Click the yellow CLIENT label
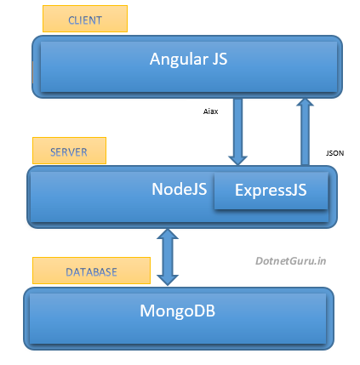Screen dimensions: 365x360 (x=84, y=19)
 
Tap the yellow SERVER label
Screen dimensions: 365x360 (x=69, y=151)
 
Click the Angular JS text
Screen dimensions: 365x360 (x=188, y=59)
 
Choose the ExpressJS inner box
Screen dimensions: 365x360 (x=271, y=191)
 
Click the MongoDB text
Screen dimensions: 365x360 (x=178, y=311)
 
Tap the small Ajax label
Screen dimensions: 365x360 (x=212, y=111)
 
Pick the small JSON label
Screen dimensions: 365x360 (x=334, y=152)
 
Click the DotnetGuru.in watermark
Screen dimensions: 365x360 (x=292, y=263)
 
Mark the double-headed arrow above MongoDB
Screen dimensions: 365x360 (x=169, y=257)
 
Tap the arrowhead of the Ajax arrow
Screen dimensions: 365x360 (x=238, y=157)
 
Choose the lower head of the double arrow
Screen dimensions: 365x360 (x=169, y=278)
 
